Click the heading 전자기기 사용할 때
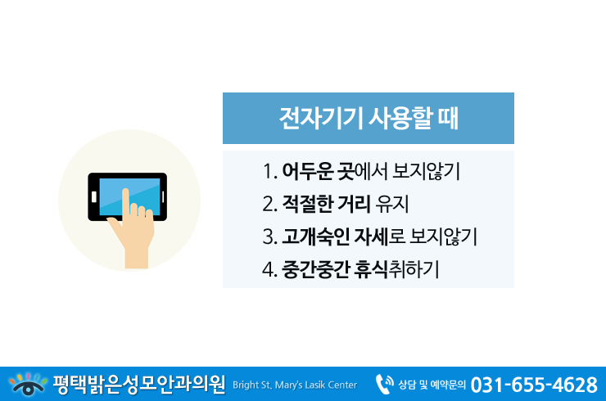point(369,118)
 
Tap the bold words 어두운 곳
point(318,171)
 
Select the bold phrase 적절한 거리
point(326,204)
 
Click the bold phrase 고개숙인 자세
point(335,237)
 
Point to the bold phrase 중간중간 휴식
point(335,269)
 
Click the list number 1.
point(269,172)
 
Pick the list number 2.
point(269,204)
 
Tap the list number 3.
point(269,237)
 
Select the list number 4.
point(269,269)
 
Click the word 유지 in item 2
point(392,204)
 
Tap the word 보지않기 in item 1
point(426,171)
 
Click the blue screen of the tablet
point(129,196)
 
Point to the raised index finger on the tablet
point(125,204)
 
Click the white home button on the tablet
point(94,196)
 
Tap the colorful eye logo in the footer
point(28,384)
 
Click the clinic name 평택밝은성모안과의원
point(139,385)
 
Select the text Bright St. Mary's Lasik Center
point(295,385)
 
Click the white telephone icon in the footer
point(385,384)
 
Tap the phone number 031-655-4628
point(534,385)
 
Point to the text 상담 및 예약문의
point(432,385)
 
